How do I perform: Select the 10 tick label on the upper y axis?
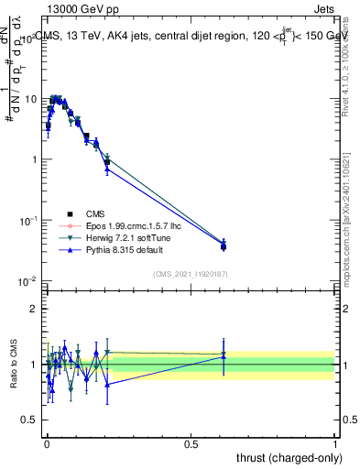pos(29,99)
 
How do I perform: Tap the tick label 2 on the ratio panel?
pos(34,309)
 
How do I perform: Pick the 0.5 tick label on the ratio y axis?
pos(30,420)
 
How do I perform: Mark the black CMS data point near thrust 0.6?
pos(224,246)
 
